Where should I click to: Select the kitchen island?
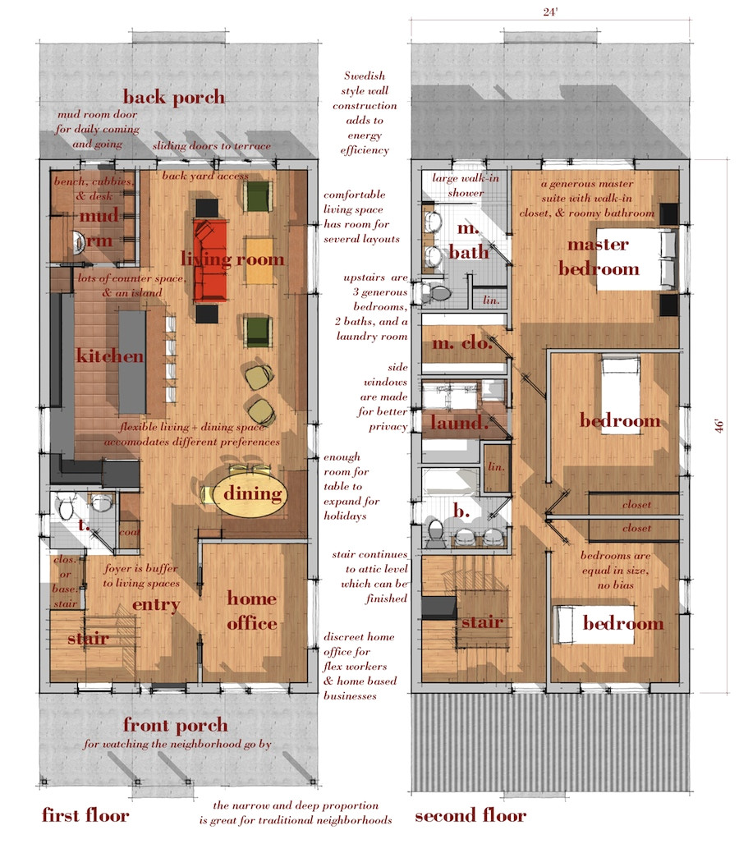133,361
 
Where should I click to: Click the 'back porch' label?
174,97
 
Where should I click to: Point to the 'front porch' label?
175,725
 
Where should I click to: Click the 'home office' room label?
251,611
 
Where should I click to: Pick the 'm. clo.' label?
460,345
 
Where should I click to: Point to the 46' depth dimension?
720,426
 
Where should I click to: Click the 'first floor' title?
85,815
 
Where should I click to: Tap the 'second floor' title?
470,815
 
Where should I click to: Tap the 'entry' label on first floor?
156,605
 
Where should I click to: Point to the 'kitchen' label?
110,356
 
